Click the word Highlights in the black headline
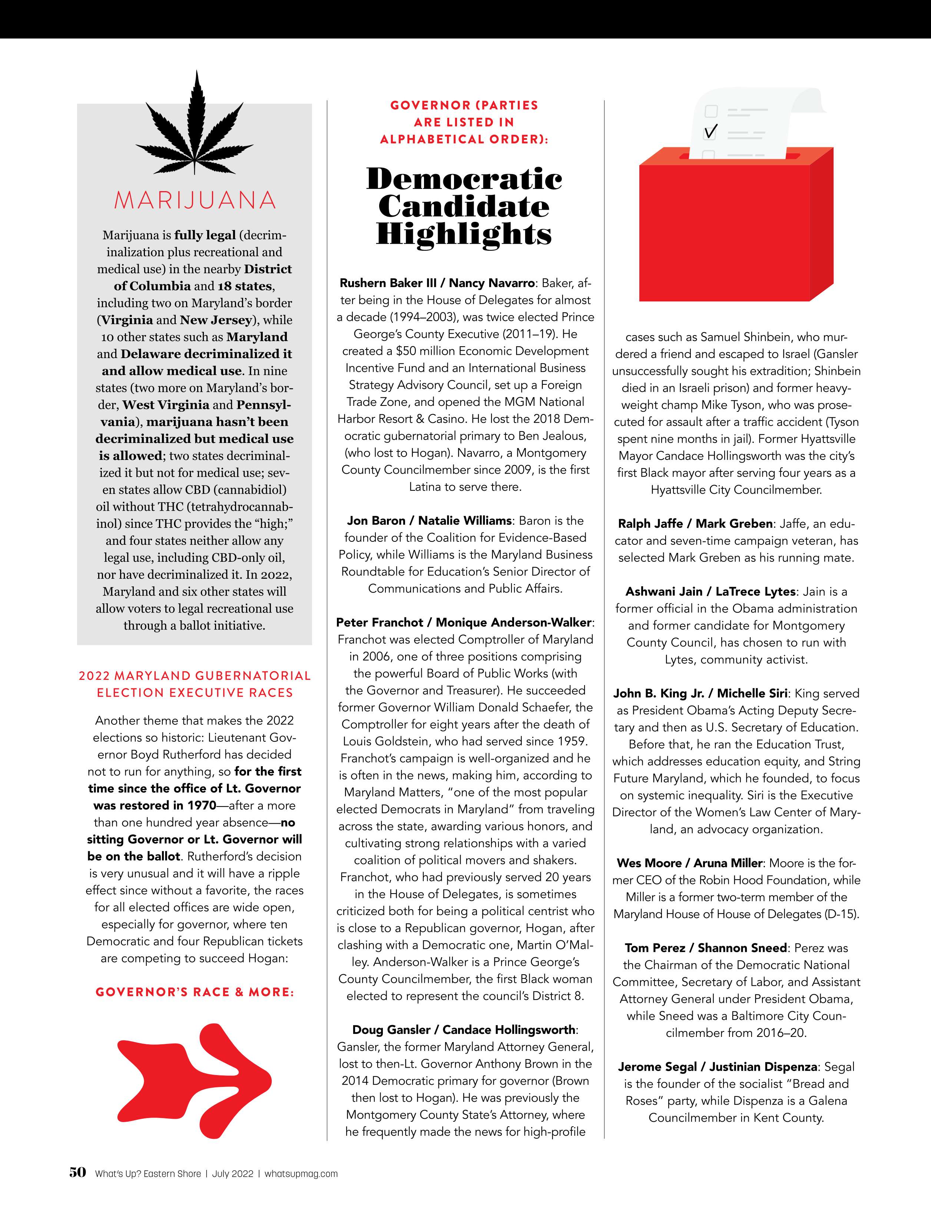(464, 234)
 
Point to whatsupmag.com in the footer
(301, 1174)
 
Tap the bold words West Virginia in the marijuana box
(166, 405)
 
